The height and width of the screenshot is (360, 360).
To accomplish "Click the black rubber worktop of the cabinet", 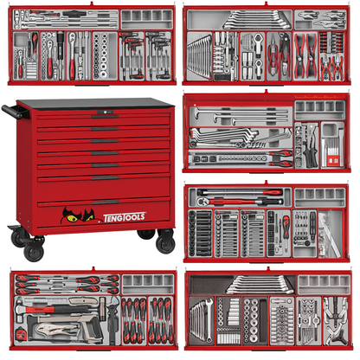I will (95, 102).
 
